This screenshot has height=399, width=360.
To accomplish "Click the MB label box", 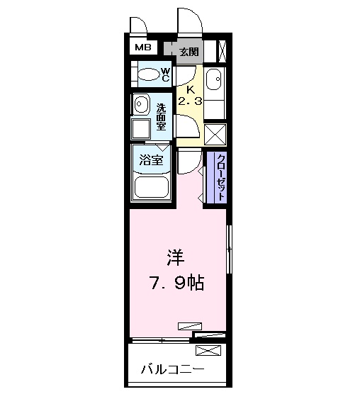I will [143, 48].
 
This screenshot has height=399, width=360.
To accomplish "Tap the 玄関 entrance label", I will [189, 51].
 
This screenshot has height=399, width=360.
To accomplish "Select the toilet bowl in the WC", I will [149, 74].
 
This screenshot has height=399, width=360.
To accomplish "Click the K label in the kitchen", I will [189, 89].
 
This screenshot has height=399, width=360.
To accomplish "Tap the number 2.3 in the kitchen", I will [190, 101].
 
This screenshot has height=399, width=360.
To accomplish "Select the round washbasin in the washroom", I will [141, 104].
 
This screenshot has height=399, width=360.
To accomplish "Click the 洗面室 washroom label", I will [161, 117].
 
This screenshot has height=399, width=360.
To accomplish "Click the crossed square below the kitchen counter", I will [215, 133].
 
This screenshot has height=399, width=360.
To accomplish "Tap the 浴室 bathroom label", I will [151, 160].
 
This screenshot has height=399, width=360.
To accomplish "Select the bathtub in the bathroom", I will [151, 189].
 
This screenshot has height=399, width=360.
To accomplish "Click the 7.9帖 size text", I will [177, 283].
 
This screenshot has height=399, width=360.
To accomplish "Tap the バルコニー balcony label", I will [172, 369].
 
